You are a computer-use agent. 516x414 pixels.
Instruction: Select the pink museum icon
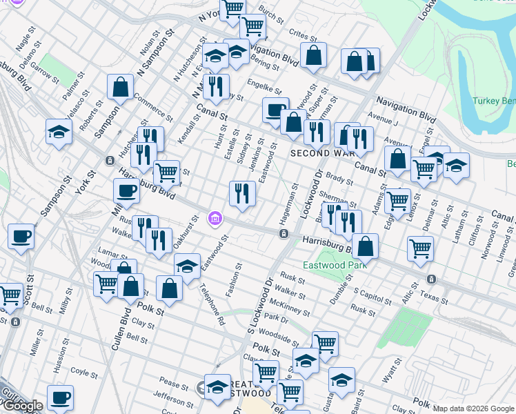click(215, 219)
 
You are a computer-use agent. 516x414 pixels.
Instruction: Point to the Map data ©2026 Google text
click(473, 408)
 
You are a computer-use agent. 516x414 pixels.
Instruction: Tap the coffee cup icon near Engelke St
click(276, 110)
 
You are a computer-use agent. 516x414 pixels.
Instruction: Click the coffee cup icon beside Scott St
click(21, 237)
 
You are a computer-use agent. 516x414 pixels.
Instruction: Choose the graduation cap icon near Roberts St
click(59, 131)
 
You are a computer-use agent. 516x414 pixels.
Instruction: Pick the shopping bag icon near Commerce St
click(120, 87)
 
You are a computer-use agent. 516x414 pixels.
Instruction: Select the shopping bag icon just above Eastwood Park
click(366, 246)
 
